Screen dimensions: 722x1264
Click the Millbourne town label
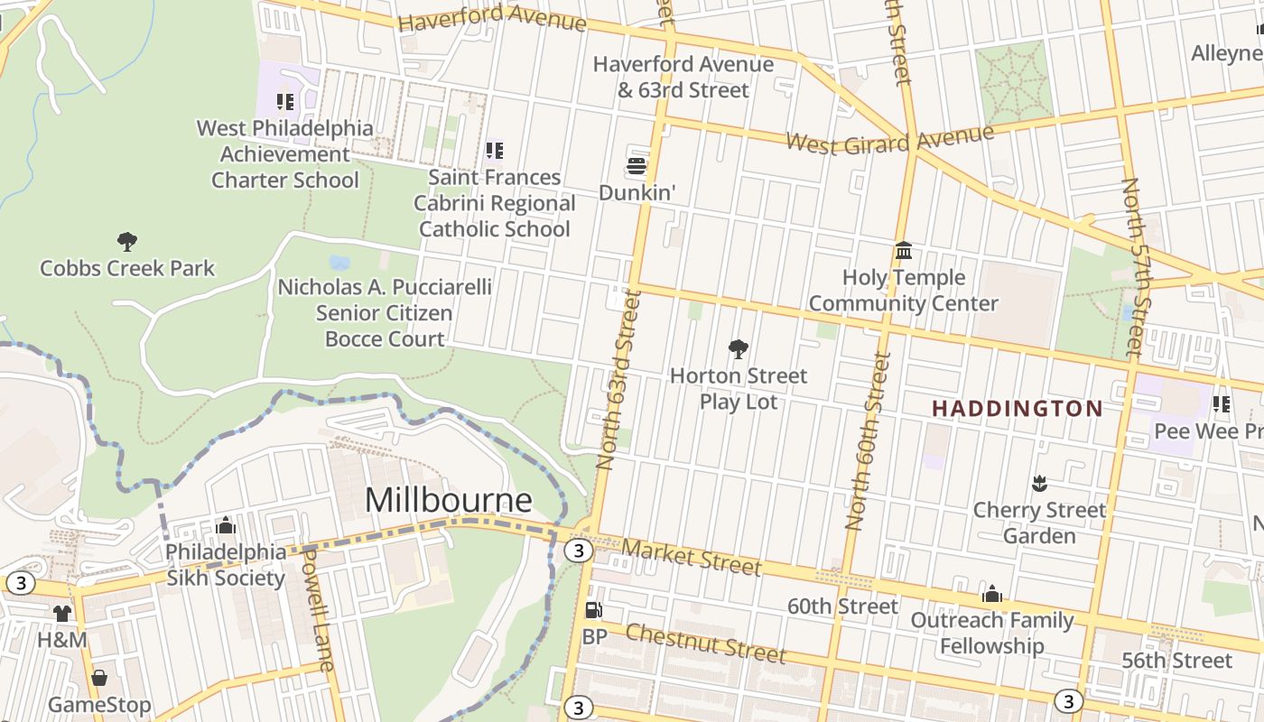448,499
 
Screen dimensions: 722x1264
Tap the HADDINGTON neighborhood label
1017,409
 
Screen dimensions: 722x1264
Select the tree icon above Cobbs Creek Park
127,241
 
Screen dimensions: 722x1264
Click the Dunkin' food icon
637,166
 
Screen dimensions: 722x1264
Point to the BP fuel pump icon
593,610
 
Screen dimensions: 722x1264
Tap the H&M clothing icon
61,614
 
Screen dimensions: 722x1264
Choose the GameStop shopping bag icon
99,677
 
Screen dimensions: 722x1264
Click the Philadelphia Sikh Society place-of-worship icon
226,525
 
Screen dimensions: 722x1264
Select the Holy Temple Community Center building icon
903,250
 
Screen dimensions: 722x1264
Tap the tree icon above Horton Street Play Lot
738,348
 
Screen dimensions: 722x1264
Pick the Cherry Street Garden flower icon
1038,484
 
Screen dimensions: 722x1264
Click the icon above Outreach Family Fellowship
991,594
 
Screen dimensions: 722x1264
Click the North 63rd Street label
619,379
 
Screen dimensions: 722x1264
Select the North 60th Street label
868,440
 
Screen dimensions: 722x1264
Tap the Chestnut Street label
705,643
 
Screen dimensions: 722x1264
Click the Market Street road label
691,556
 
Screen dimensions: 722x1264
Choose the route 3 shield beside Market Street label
578,551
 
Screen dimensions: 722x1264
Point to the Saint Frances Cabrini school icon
494,150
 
